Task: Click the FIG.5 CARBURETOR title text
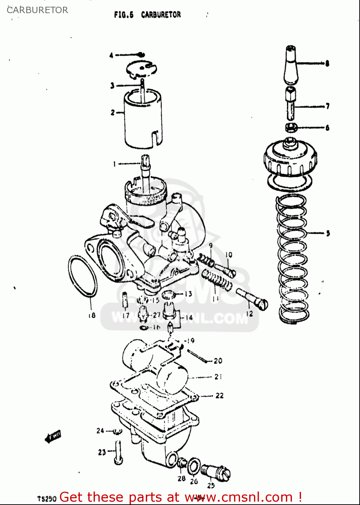coord(148,15)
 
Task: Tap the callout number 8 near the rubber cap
coord(327,63)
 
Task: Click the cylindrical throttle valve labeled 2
coord(143,120)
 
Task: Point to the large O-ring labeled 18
coord(83,276)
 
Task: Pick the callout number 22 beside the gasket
coord(220,396)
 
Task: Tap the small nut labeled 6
coord(291,128)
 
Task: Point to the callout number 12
coord(249,314)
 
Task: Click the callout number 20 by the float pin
coord(218,361)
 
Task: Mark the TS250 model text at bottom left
coord(47,499)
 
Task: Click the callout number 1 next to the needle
coord(114,164)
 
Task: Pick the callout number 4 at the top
coord(111,55)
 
